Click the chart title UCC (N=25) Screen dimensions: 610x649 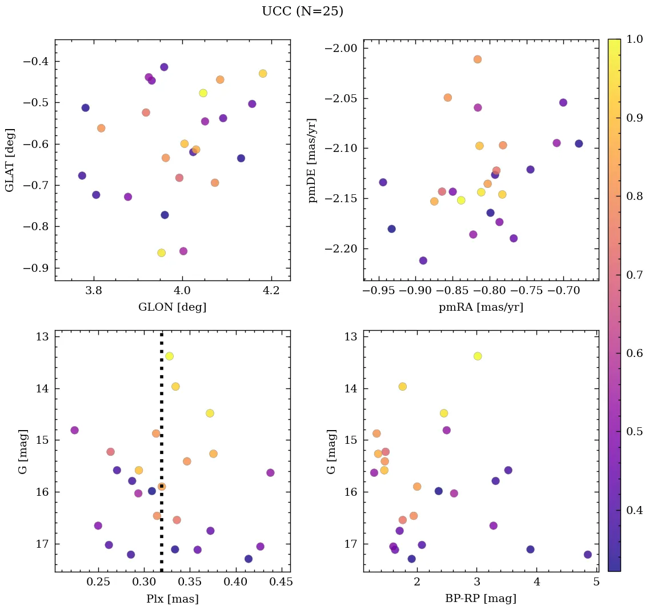[302, 11]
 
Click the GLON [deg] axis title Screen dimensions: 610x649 [172, 307]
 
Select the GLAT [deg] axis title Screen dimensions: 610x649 [10, 160]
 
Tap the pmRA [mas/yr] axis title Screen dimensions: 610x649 [480, 307]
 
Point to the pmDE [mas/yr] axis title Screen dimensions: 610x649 [313, 160]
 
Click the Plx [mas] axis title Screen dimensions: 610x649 [172, 599]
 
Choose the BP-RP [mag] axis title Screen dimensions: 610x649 [480, 599]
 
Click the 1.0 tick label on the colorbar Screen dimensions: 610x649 [635, 39]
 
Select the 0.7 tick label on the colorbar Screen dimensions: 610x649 [635, 275]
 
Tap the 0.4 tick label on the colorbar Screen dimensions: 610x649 [635, 510]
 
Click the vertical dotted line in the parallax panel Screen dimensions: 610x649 [162, 400]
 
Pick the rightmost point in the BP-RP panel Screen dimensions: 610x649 [588, 555]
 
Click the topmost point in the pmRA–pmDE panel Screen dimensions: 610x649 [478, 59]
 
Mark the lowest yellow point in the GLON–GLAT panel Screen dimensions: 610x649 [162, 253]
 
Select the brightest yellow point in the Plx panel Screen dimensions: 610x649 [169, 356]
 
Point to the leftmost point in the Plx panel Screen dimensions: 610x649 [74, 430]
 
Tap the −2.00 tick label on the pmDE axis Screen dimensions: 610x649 [341, 49]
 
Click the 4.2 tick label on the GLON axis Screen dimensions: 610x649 [271, 291]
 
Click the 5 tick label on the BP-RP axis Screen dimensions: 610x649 [596, 582]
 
